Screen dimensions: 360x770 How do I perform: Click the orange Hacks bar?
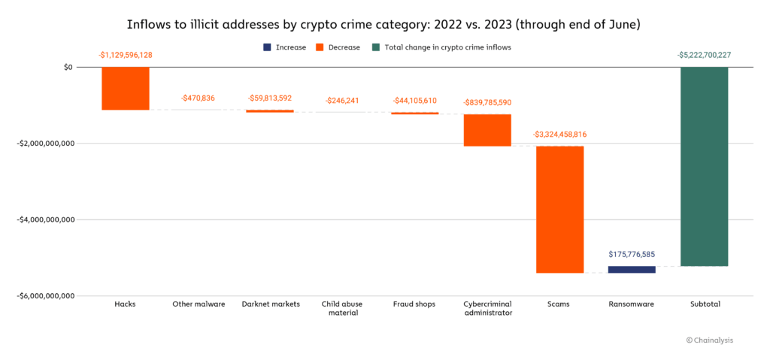[126, 88]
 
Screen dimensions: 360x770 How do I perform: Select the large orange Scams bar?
[559, 209]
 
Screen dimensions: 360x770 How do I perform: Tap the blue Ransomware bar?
[632, 269]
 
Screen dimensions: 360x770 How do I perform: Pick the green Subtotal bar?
[704, 166]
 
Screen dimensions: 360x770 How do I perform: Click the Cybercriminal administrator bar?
[487, 130]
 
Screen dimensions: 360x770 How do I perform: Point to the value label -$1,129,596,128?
[126, 55]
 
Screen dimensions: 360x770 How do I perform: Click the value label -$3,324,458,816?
[559, 135]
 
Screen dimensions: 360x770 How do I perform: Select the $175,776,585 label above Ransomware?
[632, 255]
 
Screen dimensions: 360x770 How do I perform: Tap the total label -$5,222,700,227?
[704, 55]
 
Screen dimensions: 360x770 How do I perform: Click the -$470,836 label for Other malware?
[198, 98]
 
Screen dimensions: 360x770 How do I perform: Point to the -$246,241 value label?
[342, 101]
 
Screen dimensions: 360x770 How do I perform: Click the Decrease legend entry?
[339, 47]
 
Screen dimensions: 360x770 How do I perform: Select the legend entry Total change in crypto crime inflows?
[444, 47]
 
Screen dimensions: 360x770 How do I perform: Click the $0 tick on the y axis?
[68, 67]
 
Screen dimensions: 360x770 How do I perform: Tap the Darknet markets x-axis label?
[270, 304]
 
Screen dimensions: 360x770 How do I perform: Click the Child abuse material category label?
[342, 308]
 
